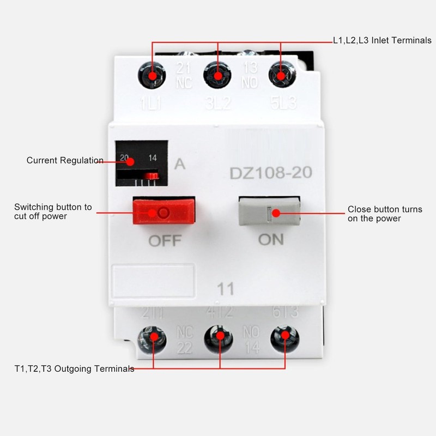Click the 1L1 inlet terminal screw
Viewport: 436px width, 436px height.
click(151, 75)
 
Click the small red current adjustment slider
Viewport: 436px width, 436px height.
click(152, 175)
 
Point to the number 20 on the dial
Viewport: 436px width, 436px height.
click(124, 158)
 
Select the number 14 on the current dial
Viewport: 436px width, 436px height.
click(153, 158)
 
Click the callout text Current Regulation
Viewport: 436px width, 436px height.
click(65, 161)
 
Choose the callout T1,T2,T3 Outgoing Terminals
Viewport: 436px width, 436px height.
click(74, 369)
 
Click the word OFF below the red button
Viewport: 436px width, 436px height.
click(164, 241)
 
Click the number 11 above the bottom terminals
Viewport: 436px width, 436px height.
click(226, 289)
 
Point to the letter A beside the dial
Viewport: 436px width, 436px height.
click(179, 164)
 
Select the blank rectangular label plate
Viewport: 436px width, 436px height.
click(153, 281)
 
